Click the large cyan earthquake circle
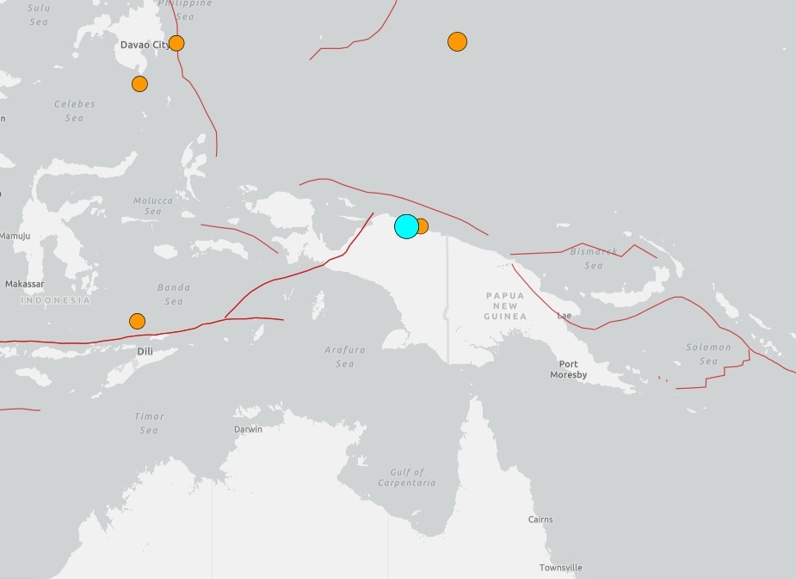(406, 226)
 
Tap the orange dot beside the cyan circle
(421, 226)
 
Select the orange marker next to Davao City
(176, 43)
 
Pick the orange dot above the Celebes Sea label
(139, 83)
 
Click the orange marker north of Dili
(137, 321)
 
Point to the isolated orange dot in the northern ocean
(457, 41)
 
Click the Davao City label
(144, 45)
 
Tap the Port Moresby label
(568, 370)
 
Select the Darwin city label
(248, 429)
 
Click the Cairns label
(540, 520)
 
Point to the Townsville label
(560, 568)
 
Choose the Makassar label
(24, 284)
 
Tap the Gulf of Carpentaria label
(406, 477)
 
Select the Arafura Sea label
(344, 357)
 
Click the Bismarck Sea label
(594, 258)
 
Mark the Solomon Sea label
(708, 354)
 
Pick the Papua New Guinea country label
(504, 305)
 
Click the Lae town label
(564, 316)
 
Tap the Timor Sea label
(149, 423)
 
